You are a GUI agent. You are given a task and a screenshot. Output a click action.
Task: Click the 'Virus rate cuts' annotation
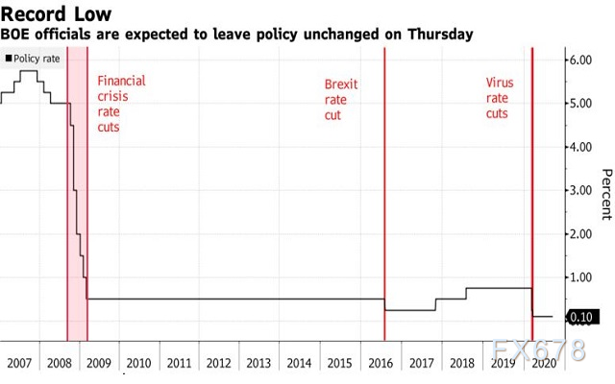500,98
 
